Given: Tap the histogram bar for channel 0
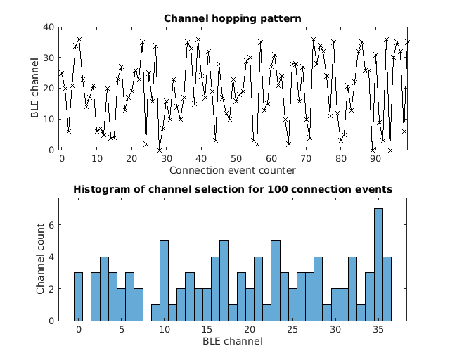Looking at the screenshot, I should tap(78, 296).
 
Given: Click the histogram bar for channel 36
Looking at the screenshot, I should tap(387, 288).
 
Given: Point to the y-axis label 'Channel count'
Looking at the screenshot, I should tap(40, 259).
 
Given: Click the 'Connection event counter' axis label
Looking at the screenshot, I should tap(233, 169).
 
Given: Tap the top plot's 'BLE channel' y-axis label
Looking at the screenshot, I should tap(34, 89).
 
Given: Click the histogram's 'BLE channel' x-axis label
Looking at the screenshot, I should tap(233, 341).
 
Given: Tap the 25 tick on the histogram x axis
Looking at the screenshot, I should tap(292, 330).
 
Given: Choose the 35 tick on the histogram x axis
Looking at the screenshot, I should tap(378, 330).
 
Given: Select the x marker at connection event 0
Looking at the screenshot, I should tap(61, 73).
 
